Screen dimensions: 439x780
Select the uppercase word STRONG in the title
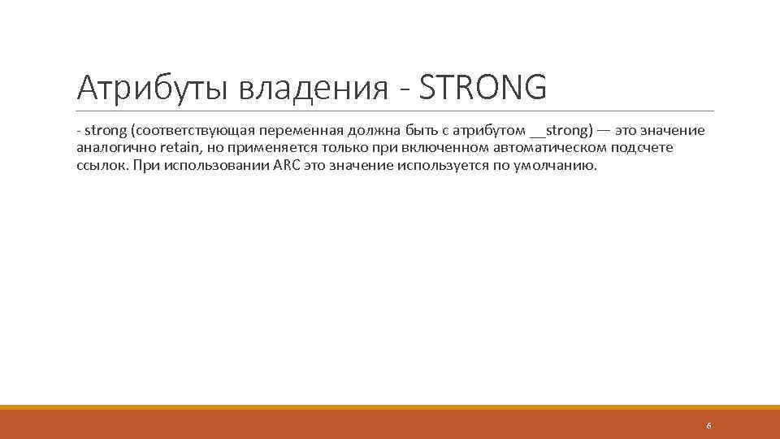pyautogui.click(x=483, y=88)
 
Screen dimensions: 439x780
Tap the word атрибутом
pyautogui.click(x=495, y=132)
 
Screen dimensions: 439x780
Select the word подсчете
pyautogui.click(x=647, y=148)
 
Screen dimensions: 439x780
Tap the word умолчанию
pyautogui.click(x=560, y=165)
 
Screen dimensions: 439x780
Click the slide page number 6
pyautogui.click(x=708, y=426)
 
